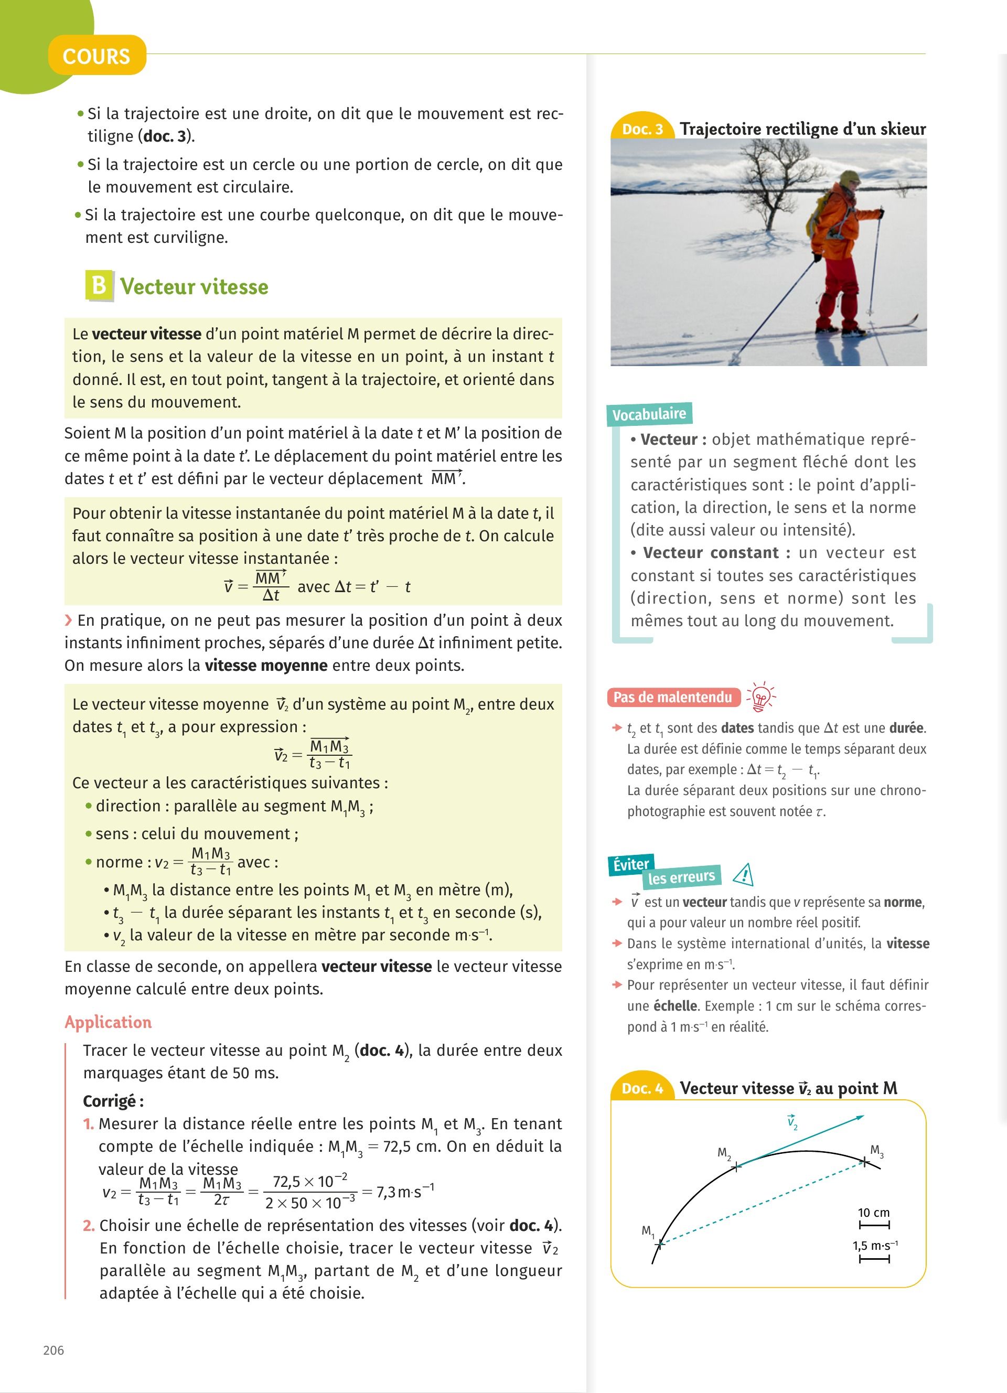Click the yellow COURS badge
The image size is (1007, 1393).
(x=97, y=56)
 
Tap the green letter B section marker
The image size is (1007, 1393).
(x=99, y=286)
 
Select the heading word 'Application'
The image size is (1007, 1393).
(x=108, y=1022)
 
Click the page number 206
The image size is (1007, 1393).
(x=53, y=1350)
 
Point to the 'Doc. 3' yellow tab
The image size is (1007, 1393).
(x=642, y=129)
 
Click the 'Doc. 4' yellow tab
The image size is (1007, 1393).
(x=642, y=1088)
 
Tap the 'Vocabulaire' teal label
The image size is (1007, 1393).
(x=649, y=414)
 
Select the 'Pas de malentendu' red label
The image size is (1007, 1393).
(x=673, y=697)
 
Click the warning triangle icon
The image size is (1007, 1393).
(x=744, y=874)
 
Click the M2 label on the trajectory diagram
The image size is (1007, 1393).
(x=724, y=1153)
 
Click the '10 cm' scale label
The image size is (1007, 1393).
(x=874, y=1213)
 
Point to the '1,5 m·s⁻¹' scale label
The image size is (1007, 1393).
(x=874, y=1246)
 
